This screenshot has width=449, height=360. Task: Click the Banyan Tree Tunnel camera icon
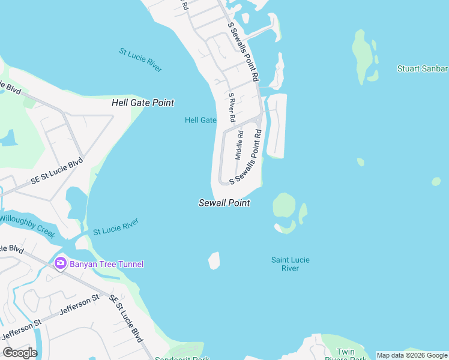(60, 263)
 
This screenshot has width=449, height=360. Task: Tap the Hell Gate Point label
(143, 103)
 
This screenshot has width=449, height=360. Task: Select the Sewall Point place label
(224, 203)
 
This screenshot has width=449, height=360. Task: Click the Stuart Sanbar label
(422, 68)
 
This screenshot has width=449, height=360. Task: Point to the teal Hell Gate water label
(200, 120)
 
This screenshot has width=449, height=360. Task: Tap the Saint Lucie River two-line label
(291, 264)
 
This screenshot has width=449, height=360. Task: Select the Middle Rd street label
(239, 145)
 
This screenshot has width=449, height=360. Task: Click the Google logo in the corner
(20, 353)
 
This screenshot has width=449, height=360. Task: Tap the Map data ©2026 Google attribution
(412, 355)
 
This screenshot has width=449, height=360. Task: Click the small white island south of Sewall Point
(214, 261)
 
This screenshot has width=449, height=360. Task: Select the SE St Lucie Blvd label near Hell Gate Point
(57, 173)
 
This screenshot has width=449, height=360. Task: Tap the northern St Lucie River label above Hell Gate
(140, 60)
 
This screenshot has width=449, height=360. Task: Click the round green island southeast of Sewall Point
(284, 206)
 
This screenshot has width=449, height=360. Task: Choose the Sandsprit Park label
(181, 358)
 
